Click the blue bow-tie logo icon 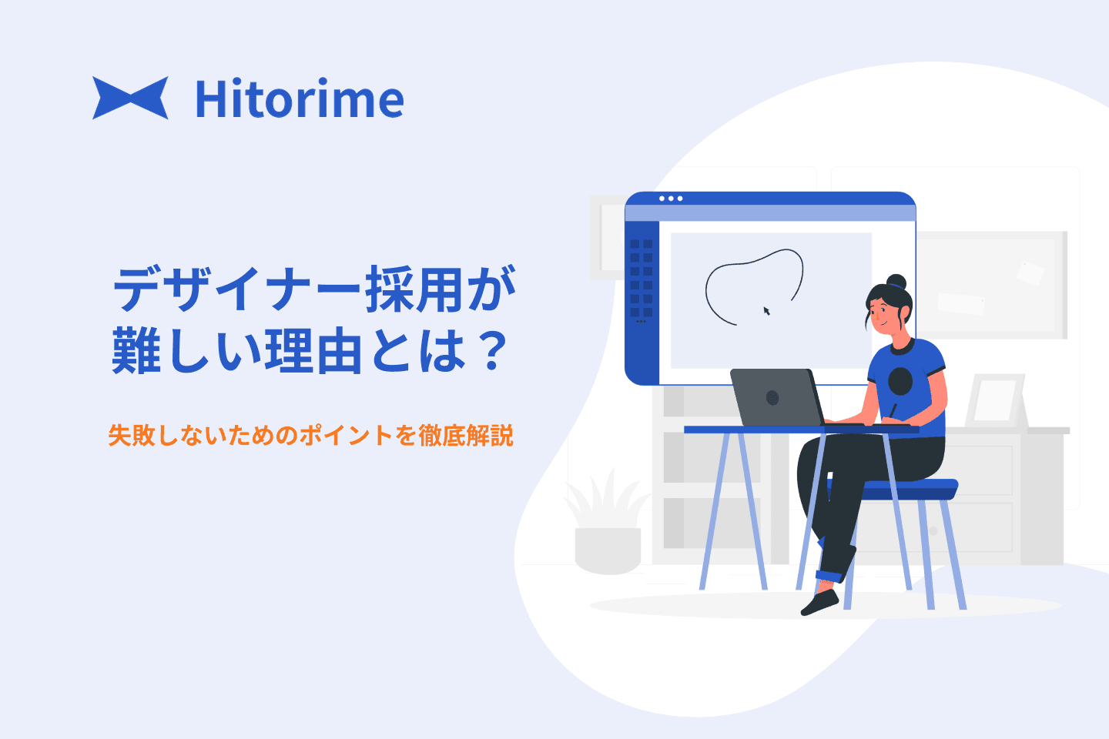130,98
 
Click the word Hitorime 300,99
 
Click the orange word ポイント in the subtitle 346,435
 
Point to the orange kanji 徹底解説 465,435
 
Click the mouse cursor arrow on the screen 766,311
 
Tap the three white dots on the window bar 671,199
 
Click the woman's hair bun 896,282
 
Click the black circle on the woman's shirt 900,381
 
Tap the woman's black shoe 819,603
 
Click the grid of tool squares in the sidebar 641,278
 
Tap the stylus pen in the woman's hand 892,411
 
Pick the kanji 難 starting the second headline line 136,351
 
